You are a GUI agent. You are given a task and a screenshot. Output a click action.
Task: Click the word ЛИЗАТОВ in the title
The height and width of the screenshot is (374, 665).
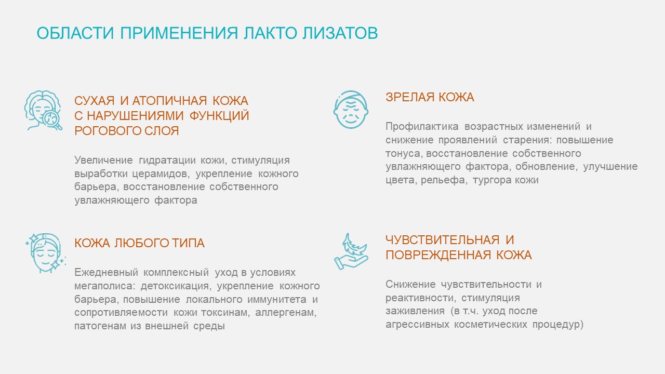click(340, 33)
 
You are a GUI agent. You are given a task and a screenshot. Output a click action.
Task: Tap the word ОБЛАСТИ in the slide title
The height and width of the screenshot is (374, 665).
click(75, 33)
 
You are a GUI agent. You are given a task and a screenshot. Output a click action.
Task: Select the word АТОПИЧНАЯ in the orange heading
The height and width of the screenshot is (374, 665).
click(169, 101)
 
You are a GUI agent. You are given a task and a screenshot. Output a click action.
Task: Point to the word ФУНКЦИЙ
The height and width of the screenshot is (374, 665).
click(219, 115)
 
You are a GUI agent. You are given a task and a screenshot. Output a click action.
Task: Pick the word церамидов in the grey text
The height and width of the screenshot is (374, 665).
click(161, 173)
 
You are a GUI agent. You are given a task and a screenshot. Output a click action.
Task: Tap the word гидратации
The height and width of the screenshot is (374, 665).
click(167, 161)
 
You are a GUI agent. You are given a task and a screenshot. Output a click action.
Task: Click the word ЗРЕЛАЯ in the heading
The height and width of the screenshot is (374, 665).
click(410, 97)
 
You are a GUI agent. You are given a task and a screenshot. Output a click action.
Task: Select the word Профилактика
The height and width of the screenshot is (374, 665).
click(422, 126)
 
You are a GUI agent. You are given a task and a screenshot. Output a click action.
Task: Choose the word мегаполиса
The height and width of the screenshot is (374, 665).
click(105, 286)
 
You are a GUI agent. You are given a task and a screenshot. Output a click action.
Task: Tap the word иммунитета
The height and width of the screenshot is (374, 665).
click(277, 299)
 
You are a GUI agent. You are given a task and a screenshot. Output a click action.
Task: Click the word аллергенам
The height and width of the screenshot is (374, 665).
click(286, 313)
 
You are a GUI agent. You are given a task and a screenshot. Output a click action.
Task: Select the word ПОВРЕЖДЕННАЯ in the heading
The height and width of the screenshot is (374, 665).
click(438, 255)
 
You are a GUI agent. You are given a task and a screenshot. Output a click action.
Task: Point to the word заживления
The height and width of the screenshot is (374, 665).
click(415, 311)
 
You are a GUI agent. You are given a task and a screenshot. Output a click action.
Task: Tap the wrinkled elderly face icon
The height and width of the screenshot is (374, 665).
click(351, 110)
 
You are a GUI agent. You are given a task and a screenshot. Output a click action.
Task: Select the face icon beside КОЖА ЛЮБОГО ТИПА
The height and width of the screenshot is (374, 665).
click(46, 253)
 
